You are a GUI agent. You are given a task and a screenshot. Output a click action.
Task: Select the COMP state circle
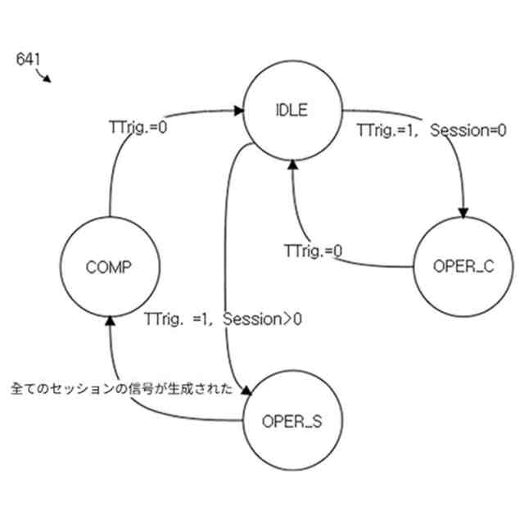108,267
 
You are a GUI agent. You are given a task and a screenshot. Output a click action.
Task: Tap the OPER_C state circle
463,267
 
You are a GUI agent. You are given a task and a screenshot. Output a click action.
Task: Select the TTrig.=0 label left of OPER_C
313,251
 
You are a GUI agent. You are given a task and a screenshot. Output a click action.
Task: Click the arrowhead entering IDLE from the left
238,109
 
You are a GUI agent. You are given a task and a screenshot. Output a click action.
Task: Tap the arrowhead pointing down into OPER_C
464,214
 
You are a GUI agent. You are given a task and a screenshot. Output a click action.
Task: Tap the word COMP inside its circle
108,267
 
